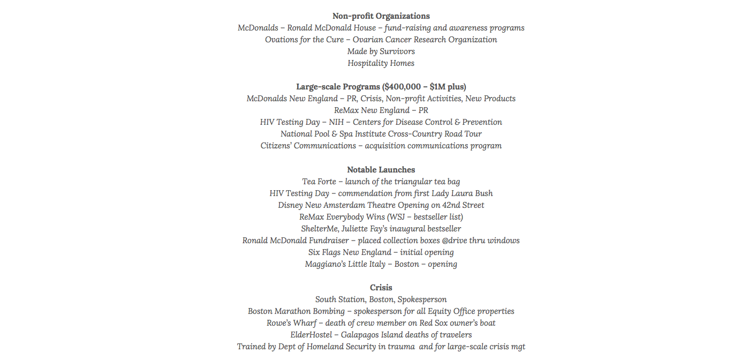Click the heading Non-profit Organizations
(381, 16)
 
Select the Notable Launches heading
(381, 170)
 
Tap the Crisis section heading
(381, 288)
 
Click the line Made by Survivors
(381, 51)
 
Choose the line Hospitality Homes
(381, 63)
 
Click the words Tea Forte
(319, 182)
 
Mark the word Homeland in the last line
(328, 347)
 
